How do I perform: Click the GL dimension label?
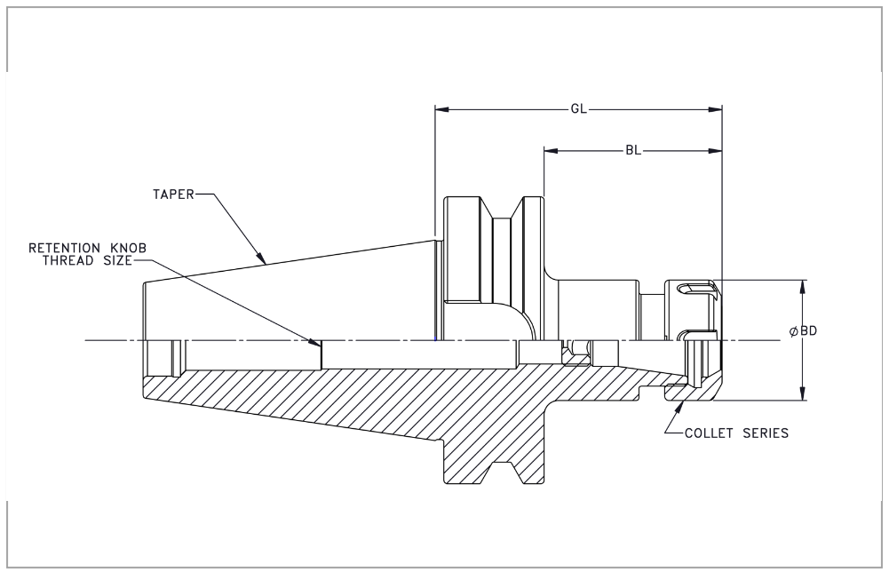(x=578, y=109)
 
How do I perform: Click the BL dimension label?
(x=633, y=151)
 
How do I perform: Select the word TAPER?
(x=173, y=195)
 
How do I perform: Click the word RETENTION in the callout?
(x=64, y=249)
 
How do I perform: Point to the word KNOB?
(x=128, y=249)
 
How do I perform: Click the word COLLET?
(x=709, y=433)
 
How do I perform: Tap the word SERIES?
(x=766, y=433)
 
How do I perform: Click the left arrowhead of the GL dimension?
(x=442, y=109)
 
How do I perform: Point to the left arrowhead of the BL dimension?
(x=552, y=151)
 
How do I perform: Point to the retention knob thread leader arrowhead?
(x=315, y=341)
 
